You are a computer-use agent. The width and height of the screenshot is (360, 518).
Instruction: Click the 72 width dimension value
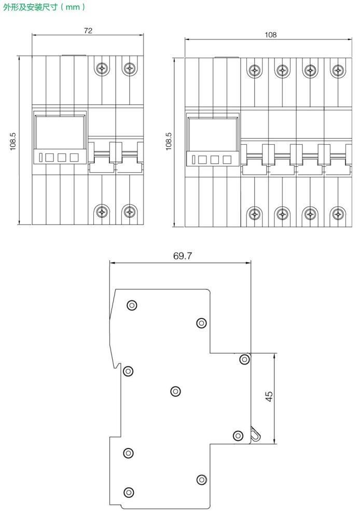coord(88,31)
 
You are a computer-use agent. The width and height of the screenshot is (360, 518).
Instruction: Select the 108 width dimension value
coord(270,35)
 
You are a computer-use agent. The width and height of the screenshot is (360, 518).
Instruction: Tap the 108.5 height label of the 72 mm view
coord(13,141)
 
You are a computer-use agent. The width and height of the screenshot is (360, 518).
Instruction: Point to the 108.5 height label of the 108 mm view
coord(169,141)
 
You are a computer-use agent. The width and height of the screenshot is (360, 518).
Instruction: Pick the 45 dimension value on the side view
coord(269,397)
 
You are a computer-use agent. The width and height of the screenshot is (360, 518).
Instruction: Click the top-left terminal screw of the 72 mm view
coord(102,67)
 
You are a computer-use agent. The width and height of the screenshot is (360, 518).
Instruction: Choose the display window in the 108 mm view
coord(213,134)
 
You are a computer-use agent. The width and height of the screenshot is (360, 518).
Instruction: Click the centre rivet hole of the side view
coord(175,391)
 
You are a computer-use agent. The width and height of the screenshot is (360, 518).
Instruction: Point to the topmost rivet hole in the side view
coord(132,305)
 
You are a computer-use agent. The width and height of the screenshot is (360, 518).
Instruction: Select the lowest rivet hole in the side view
coord(128,492)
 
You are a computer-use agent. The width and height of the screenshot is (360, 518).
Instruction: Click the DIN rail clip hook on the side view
coord(255,434)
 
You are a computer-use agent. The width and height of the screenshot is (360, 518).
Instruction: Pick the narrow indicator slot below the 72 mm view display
coord(40,157)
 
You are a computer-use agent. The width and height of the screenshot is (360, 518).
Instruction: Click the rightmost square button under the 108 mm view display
coord(227,160)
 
